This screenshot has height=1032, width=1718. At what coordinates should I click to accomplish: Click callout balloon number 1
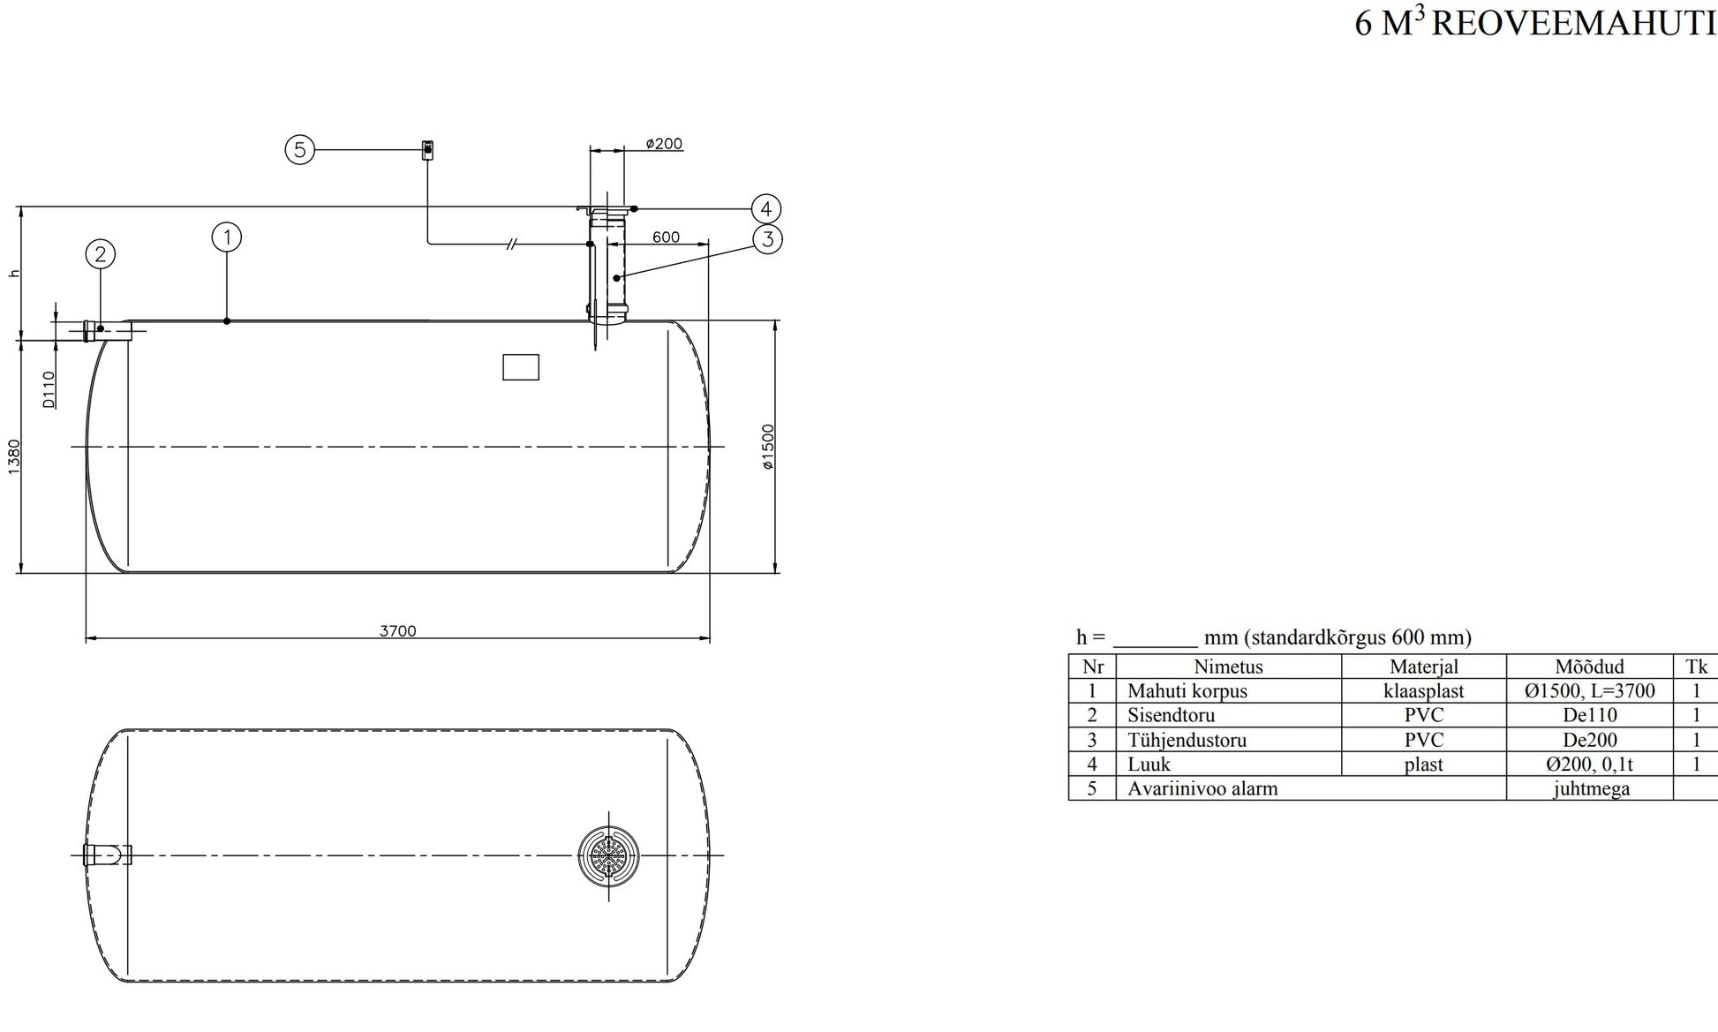[227, 237]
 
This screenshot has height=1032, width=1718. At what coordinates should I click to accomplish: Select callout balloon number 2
[101, 254]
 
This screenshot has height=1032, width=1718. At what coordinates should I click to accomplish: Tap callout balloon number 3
[767, 238]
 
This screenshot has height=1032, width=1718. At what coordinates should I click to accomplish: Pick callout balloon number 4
[765, 209]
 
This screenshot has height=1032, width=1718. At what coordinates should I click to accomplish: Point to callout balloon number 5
[300, 150]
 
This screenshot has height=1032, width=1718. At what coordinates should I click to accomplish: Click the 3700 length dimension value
[397, 631]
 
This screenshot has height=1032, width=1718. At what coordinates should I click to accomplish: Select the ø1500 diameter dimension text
[768, 447]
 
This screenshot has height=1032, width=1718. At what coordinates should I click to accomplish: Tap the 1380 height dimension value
[14, 456]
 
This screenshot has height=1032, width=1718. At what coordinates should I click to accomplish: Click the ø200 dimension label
[663, 144]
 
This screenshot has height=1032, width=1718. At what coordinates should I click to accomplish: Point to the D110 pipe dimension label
[49, 389]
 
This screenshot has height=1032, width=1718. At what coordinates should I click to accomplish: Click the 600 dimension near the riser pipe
[666, 237]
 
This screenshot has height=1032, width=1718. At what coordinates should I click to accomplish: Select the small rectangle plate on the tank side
[521, 367]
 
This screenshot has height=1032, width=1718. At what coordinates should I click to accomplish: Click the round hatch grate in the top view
[608, 855]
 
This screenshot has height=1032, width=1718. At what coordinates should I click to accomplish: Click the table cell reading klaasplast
[1423, 691]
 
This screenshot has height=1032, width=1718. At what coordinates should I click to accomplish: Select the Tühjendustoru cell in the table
[1187, 740]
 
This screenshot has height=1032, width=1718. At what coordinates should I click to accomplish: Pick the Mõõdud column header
[1589, 667]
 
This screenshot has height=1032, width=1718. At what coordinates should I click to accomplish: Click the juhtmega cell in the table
[1591, 788]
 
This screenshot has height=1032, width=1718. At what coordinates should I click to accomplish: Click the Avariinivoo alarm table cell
[1202, 788]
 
